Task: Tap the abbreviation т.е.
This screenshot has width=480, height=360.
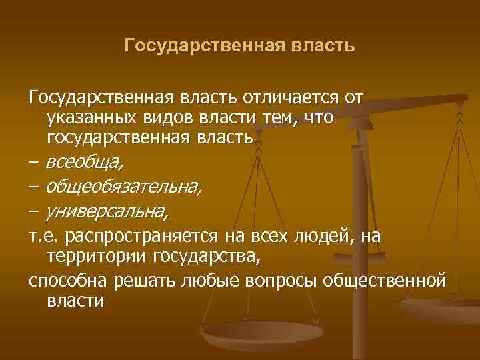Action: point(43,237)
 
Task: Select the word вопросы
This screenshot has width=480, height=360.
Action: point(277,281)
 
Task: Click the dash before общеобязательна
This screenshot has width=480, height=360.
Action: point(34,187)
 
